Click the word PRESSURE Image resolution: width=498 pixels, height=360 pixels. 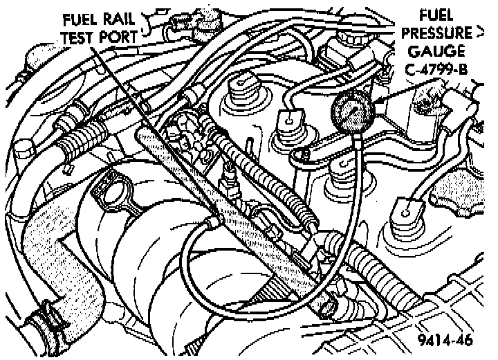[x=439, y=33]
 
